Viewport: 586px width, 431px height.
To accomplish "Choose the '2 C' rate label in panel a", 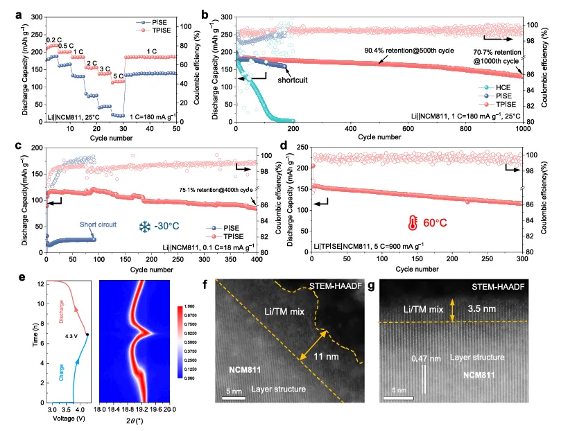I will [x=91, y=64].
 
